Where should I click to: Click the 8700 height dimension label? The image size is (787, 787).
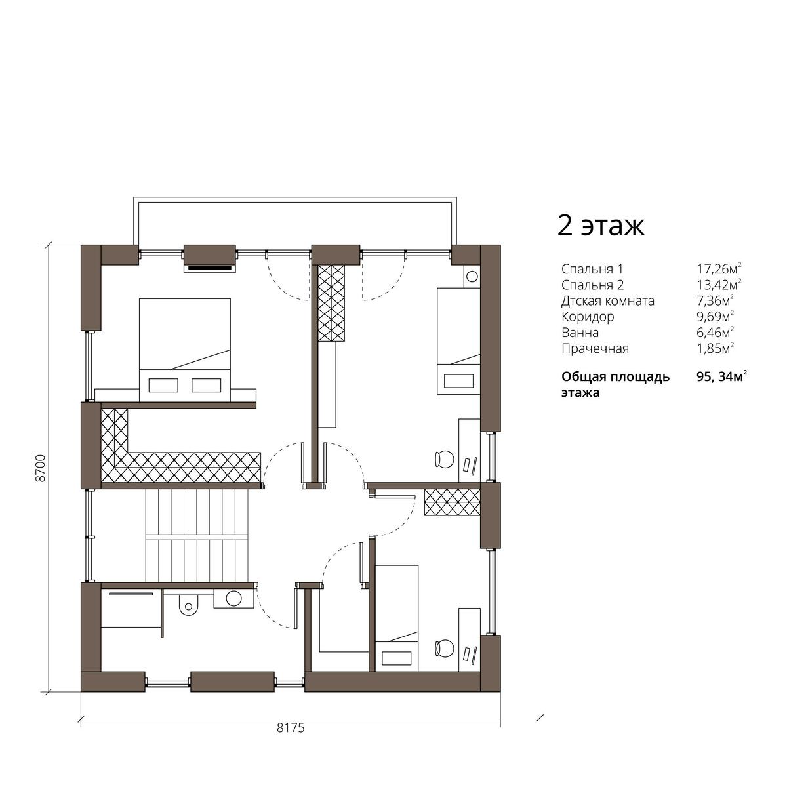[41, 468]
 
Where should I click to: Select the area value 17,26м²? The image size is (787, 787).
[719, 269]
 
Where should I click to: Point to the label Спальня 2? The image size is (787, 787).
[593, 285]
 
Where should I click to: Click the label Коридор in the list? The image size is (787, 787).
[588, 317]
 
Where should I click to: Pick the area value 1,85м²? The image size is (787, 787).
[716, 348]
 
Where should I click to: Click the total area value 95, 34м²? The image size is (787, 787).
[722, 377]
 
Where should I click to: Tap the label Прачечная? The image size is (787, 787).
[595, 348]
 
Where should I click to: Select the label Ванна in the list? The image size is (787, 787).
[580, 333]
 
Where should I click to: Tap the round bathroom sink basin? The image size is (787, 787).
[233, 598]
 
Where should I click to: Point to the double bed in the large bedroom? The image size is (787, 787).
[184, 350]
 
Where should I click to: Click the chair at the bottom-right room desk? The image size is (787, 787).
[445, 648]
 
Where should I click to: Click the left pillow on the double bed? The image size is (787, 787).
[163, 385]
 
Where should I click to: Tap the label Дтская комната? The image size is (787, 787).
[608, 301]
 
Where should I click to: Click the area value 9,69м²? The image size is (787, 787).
[715, 317]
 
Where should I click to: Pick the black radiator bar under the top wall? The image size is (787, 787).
[209, 268]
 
